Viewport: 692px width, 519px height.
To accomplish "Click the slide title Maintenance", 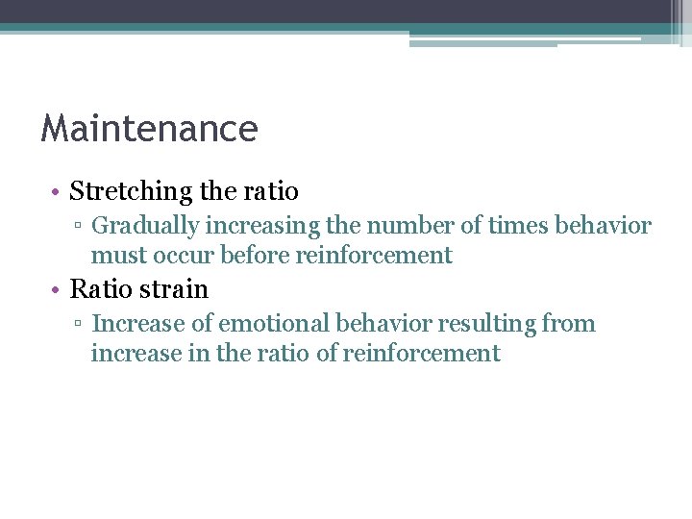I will [149, 129].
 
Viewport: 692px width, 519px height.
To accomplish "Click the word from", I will [569, 324].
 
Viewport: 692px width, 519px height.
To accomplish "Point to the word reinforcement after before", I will [374, 256].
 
